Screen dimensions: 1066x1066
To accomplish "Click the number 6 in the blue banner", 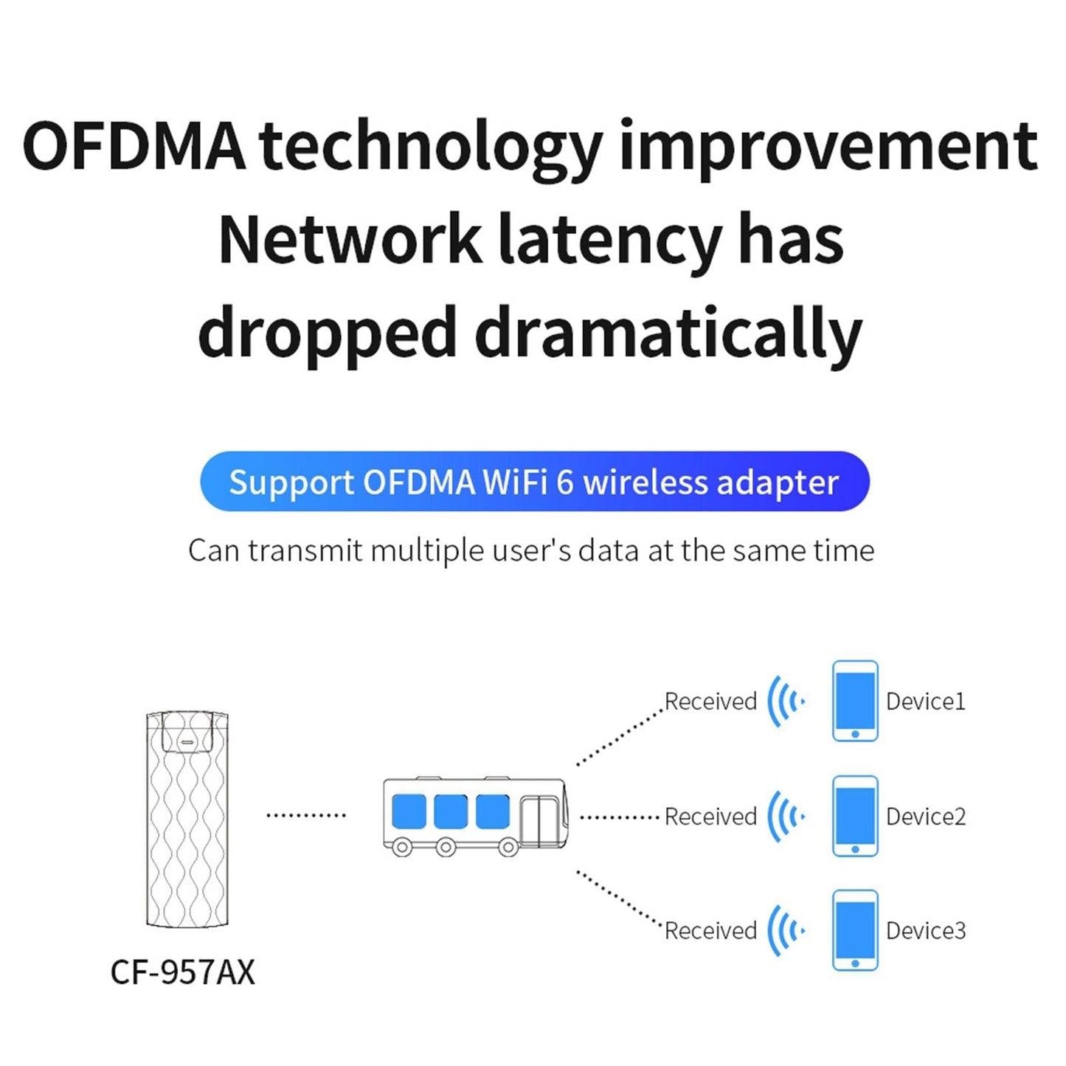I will [x=564, y=482].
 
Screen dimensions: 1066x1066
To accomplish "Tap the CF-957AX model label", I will [x=182, y=972].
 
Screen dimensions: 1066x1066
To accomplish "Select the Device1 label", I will [x=925, y=702].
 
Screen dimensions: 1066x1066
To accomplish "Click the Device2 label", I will [x=925, y=817].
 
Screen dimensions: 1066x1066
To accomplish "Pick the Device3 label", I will [x=925, y=931].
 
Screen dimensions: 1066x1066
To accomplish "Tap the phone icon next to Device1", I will [x=855, y=701].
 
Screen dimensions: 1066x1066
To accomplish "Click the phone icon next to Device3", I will [x=855, y=930].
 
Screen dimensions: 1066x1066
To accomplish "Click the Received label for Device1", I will [x=710, y=702].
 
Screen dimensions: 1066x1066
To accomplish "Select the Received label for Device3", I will [x=710, y=931].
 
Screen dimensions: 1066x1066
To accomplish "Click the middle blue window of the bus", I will [x=450, y=811].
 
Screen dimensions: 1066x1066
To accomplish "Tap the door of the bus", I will [x=539, y=821].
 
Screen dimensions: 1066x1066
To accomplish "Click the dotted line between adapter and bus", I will [x=305, y=816].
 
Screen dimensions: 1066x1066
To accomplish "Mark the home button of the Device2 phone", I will [x=855, y=849].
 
